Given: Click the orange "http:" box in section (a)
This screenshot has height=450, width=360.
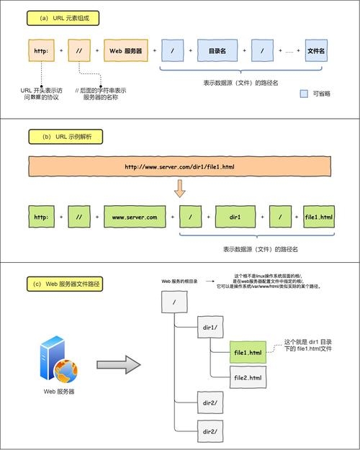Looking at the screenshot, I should [40, 51].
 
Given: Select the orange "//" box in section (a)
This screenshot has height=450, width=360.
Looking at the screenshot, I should [78, 51].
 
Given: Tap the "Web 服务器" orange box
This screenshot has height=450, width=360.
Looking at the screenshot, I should [125, 51].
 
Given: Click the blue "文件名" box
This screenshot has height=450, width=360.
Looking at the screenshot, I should [316, 51].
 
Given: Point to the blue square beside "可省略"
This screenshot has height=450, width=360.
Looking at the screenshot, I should [303, 94].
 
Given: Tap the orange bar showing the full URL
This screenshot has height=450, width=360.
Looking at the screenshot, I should [179, 166].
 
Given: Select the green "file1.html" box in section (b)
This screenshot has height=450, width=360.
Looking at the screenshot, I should [319, 217].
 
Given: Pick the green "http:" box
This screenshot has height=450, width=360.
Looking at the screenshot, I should [41, 217].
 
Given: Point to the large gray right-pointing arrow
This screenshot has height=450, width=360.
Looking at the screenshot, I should [116, 364].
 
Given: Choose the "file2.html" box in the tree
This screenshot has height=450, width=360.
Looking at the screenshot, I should [248, 377].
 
